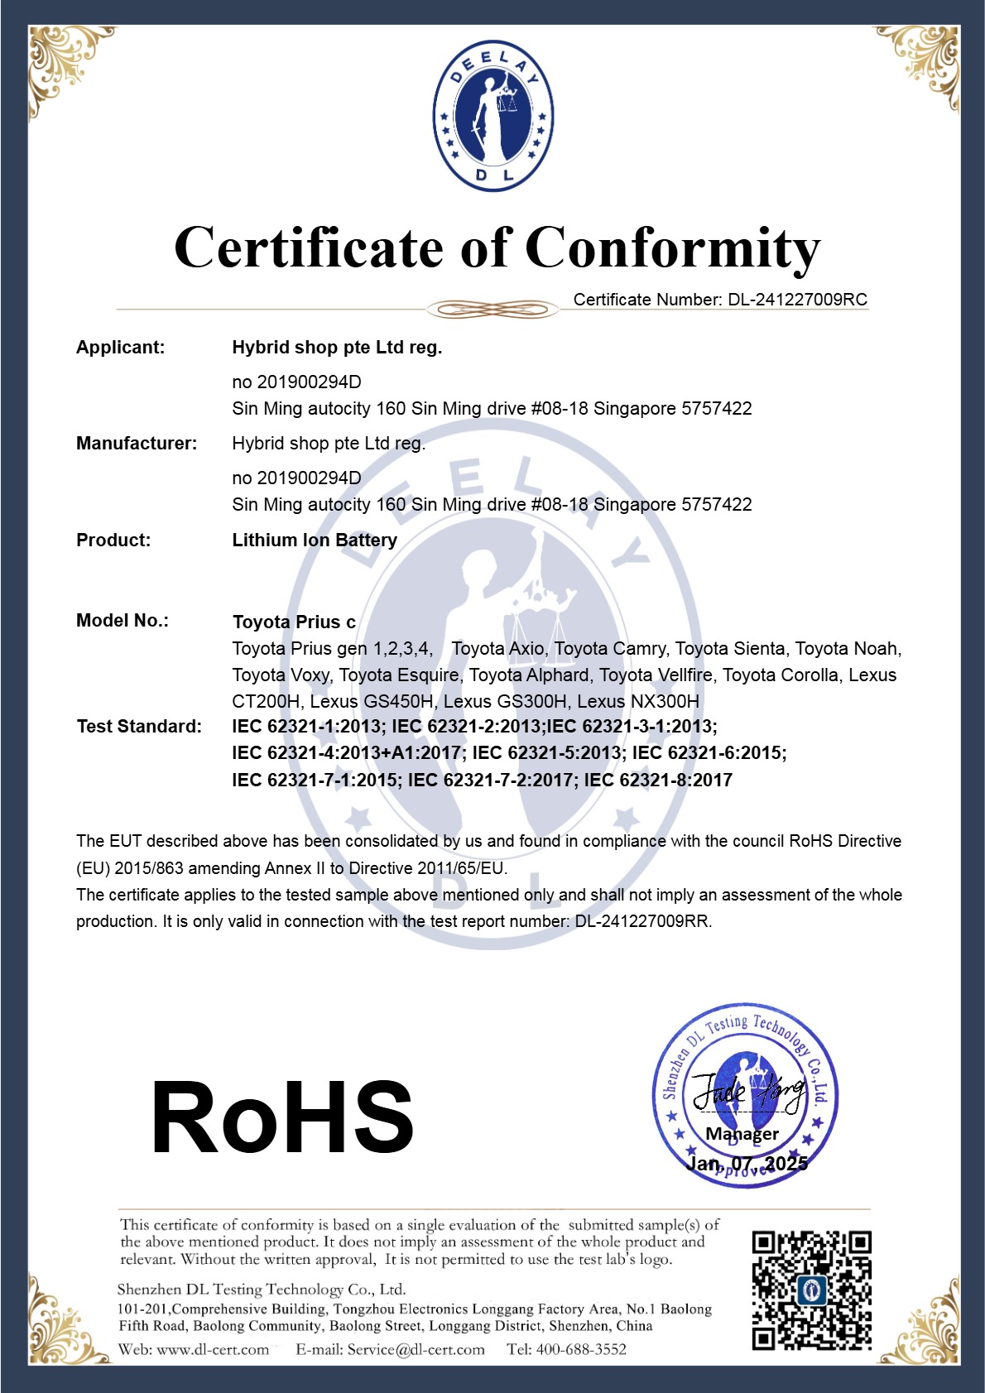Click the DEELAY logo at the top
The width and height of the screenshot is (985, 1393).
click(493, 116)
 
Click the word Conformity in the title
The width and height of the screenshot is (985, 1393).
click(672, 248)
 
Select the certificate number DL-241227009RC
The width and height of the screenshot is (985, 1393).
click(797, 300)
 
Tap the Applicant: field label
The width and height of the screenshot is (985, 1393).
click(121, 348)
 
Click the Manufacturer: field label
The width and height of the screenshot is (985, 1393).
click(137, 444)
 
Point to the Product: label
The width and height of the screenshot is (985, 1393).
click(113, 540)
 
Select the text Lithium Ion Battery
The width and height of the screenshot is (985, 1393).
click(315, 540)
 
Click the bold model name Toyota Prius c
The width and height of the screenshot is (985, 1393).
click(294, 622)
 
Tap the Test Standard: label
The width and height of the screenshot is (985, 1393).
click(139, 727)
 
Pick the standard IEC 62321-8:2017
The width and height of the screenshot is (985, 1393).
click(658, 780)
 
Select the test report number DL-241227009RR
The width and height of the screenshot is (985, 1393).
click(642, 921)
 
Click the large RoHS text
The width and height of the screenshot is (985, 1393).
click(282, 1118)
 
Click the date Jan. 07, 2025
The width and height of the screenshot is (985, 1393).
click(747, 1164)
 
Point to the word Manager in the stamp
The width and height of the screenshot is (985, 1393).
click(742, 1134)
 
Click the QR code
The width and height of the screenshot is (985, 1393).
click(811, 1290)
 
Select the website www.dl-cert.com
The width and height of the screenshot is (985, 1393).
click(213, 1350)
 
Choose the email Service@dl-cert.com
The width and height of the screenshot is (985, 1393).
click(416, 1350)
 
